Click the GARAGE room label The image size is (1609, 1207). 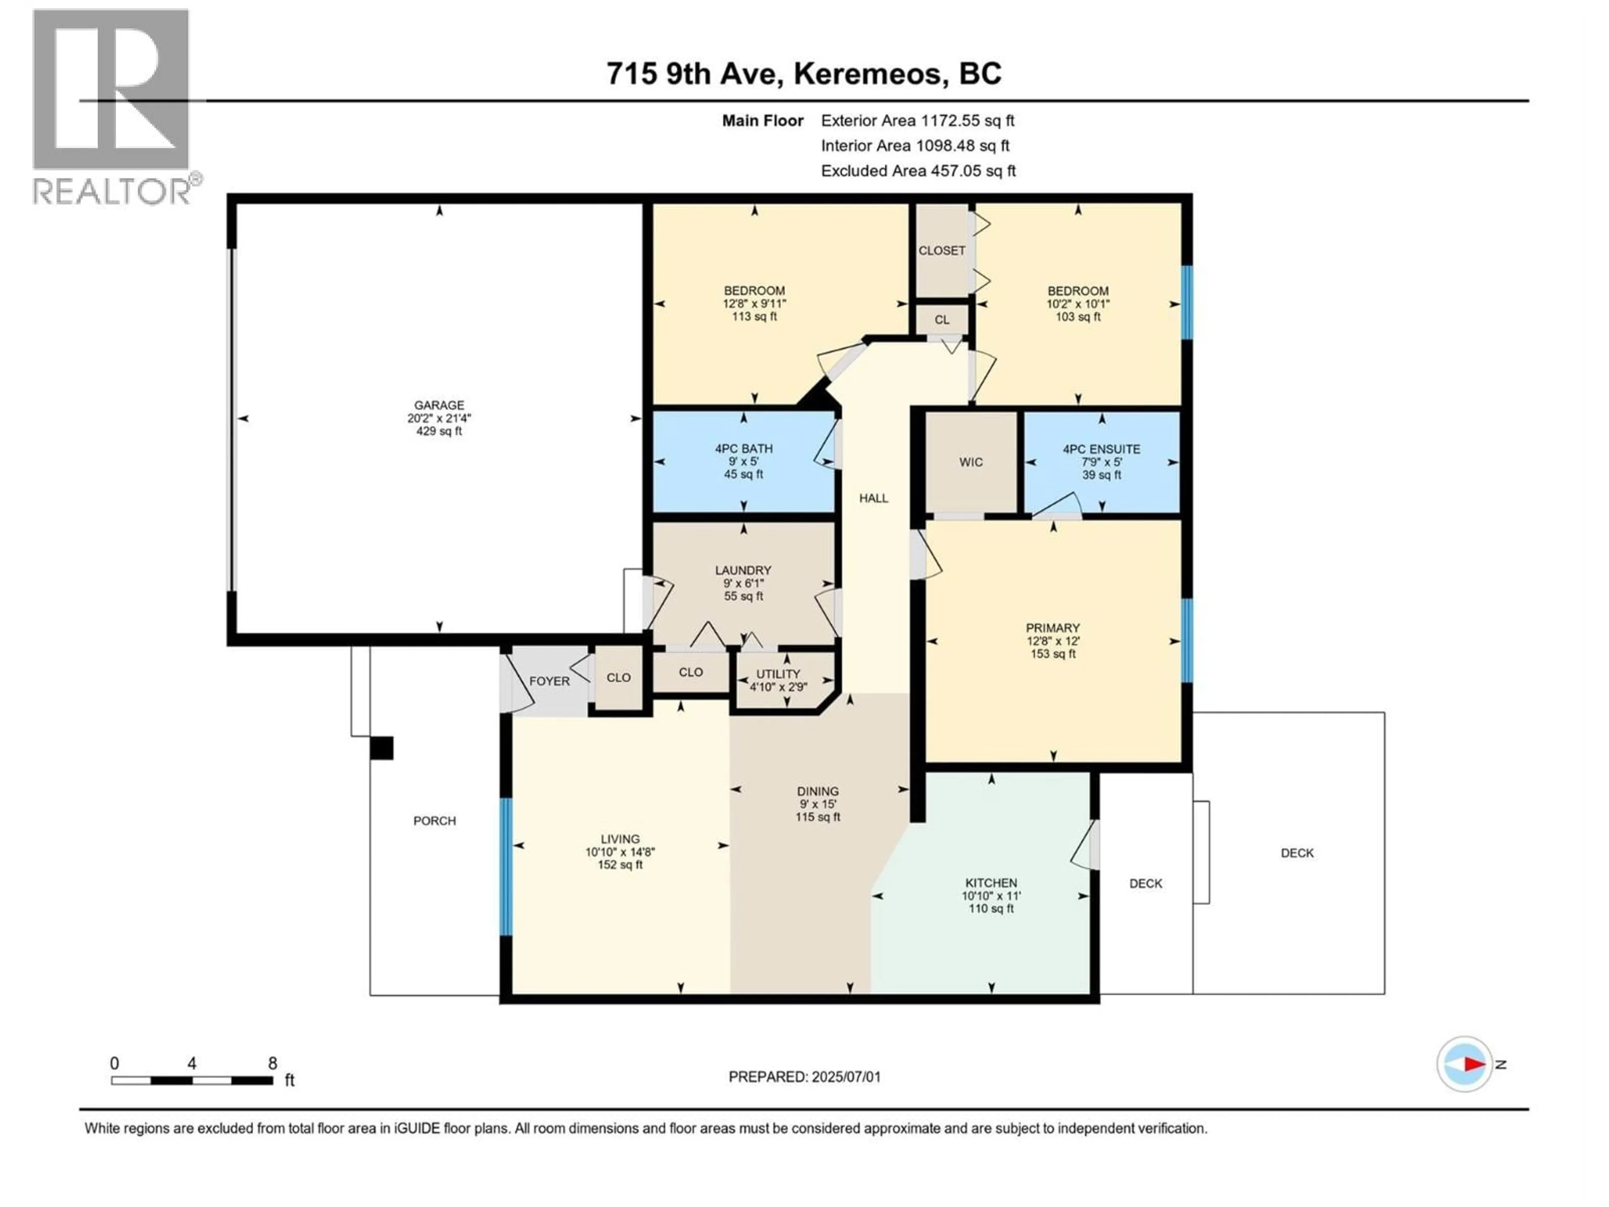click(439, 405)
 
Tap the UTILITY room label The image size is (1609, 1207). click(778, 674)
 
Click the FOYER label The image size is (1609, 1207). click(549, 681)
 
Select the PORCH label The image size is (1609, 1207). click(434, 821)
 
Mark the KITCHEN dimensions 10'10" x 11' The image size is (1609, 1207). click(991, 896)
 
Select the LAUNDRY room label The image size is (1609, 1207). click(742, 570)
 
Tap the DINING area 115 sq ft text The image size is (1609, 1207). click(817, 817)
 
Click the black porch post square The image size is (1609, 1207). click(382, 748)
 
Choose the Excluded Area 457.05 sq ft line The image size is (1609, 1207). click(918, 171)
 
